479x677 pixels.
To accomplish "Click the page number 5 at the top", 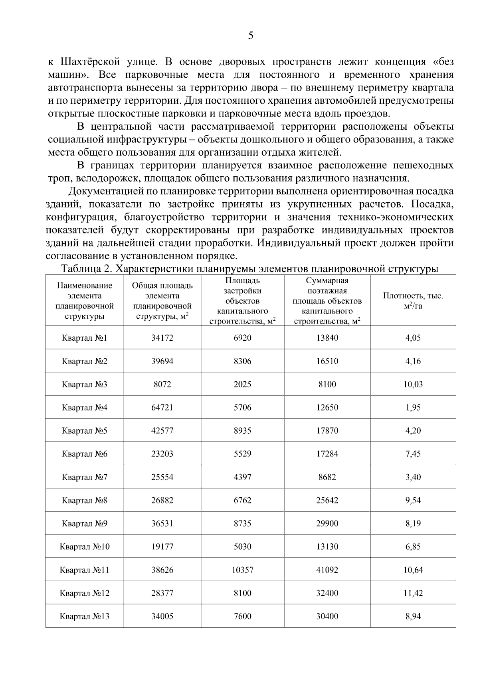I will coord(251,36).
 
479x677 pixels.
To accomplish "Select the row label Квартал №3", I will coord(84,384).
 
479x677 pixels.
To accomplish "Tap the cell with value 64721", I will coord(162,407).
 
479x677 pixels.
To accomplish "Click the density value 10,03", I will coord(413,384).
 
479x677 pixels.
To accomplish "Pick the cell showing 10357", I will coord(242,570).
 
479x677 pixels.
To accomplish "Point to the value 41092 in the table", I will coord(327,570).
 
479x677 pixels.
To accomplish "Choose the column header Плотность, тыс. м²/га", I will coord(413,301).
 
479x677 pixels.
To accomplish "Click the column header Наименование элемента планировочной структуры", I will coord(84,301).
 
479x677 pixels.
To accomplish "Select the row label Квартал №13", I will coord(84,616).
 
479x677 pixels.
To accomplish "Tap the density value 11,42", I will coord(413,593).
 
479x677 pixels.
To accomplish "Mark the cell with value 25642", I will coord(327,500).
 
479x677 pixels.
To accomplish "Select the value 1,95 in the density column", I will coord(413,407).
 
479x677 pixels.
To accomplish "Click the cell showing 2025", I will coord(242,384).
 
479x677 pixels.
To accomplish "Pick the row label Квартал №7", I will coord(84,477).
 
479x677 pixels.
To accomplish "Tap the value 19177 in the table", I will coord(162,547).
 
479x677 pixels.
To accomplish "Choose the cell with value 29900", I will coord(327,523).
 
